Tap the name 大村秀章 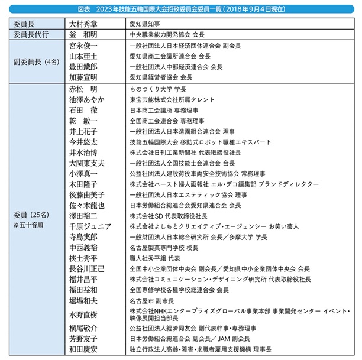pos(88,24)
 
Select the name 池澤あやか pos(87,99)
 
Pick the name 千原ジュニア pos(90,226)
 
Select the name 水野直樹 pos(85,314)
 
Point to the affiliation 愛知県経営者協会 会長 pos(161,77)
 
